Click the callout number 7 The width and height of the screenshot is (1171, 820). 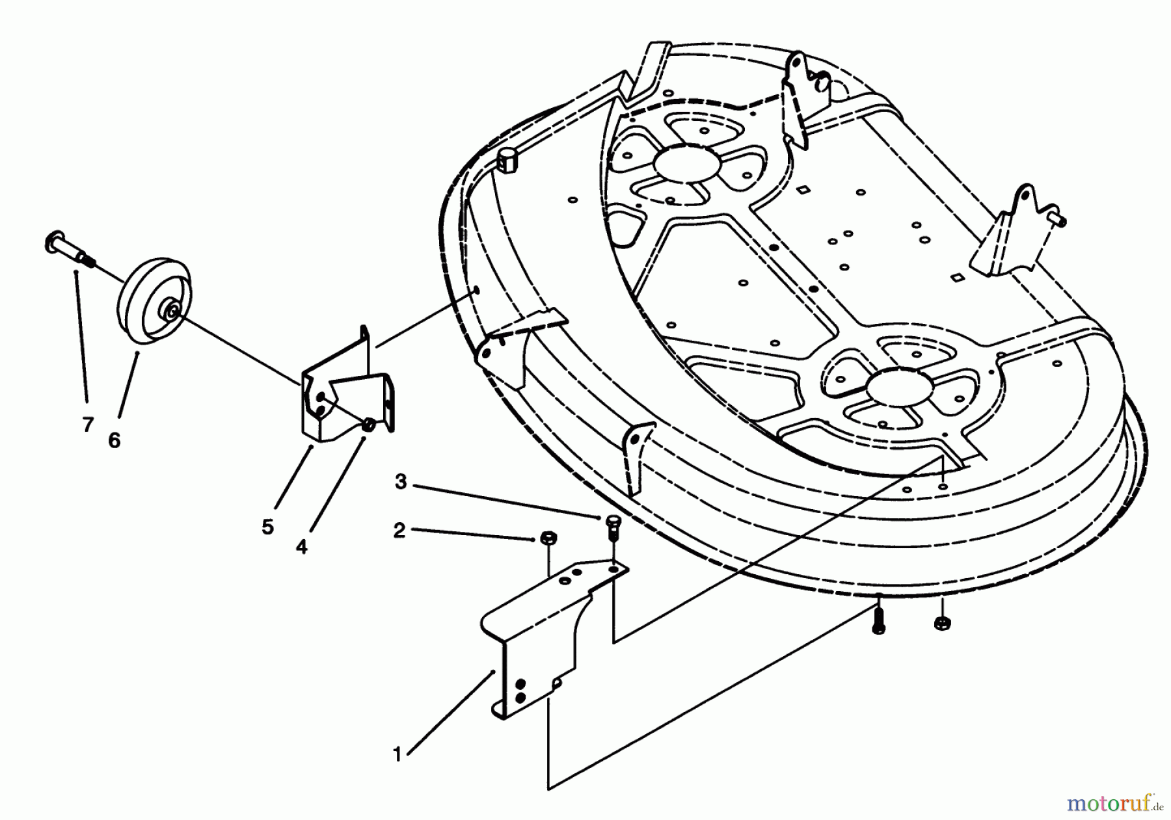point(88,425)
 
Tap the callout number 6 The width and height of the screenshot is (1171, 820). point(114,440)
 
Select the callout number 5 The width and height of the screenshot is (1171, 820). point(268,527)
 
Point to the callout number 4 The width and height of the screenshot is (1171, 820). point(301,547)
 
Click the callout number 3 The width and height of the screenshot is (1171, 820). point(401,483)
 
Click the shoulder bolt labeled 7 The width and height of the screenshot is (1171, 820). point(70,250)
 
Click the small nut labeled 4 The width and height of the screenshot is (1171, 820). point(368,424)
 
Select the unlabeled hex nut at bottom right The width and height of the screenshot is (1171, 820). point(940,623)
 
